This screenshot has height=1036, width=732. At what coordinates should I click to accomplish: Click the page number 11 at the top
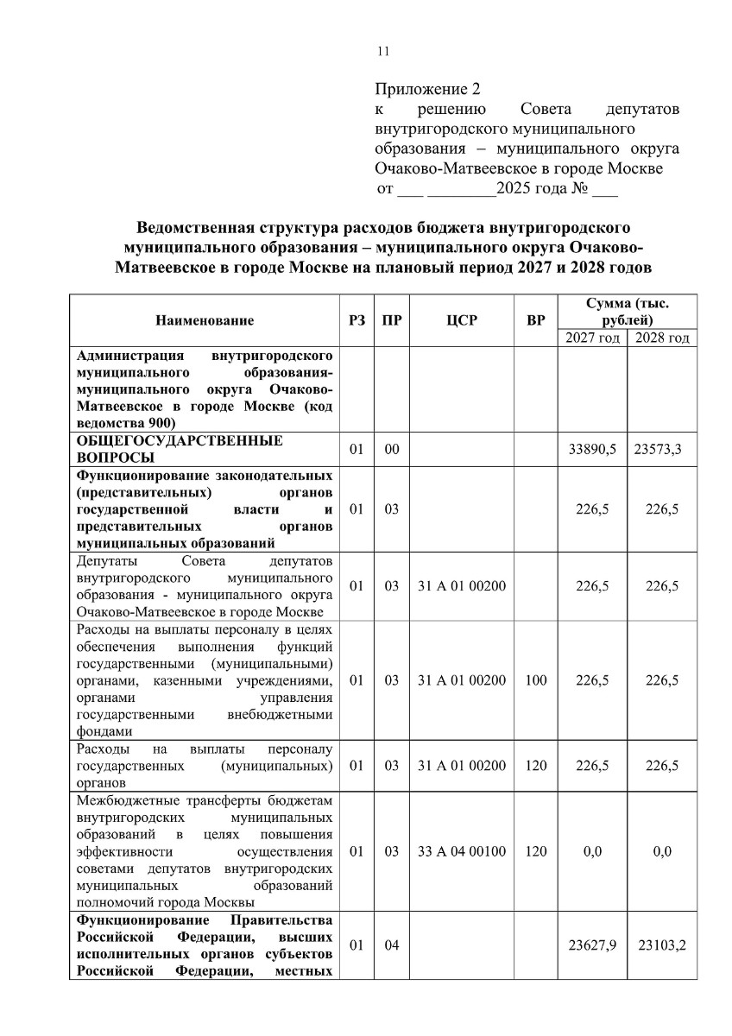(383, 51)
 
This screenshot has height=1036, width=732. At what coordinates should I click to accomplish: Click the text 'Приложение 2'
(426, 89)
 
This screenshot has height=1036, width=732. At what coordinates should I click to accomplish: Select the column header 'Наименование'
(205, 320)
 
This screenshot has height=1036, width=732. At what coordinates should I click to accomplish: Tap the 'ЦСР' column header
(462, 320)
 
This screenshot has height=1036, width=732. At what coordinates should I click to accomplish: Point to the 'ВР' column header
(536, 320)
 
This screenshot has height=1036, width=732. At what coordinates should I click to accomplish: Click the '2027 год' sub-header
(593, 338)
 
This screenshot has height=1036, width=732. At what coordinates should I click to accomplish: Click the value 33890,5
(592, 449)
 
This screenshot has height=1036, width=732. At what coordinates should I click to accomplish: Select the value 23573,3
(660, 449)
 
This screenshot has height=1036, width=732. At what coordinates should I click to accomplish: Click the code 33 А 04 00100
(462, 851)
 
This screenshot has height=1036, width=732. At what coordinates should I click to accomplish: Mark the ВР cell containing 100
(535, 680)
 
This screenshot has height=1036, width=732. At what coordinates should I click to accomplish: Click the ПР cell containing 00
(392, 449)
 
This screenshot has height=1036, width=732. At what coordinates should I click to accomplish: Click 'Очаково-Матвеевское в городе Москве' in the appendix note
(519, 168)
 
